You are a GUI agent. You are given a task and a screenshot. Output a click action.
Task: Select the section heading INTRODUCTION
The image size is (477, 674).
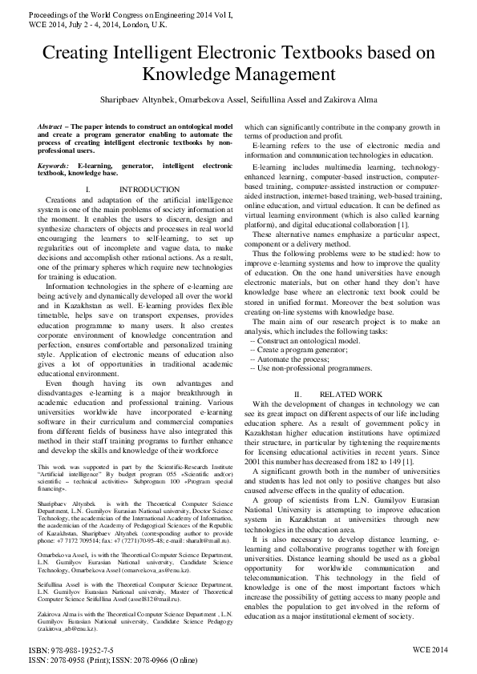[144, 189]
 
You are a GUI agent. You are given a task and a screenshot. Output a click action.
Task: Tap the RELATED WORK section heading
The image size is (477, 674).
[351, 395]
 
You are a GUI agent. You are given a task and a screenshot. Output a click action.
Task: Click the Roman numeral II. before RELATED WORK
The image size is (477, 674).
[297, 395]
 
